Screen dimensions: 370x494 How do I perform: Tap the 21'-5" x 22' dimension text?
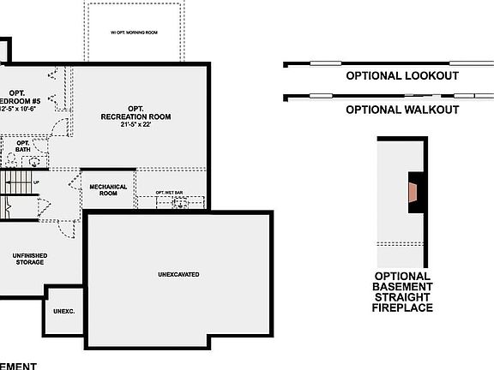pyautogui.click(x=136, y=124)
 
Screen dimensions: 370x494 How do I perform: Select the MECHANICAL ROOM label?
pyautogui.click(x=108, y=190)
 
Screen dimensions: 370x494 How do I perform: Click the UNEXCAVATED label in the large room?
pyautogui.click(x=178, y=275)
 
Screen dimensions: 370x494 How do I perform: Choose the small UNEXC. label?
pyautogui.click(x=64, y=312)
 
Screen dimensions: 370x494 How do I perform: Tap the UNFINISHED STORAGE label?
pyautogui.click(x=29, y=260)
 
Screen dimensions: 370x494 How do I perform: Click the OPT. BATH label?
pyautogui.click(x=21, y=146)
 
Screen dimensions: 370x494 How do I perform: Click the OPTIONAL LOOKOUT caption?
pyautogui.click(x=401, y=76)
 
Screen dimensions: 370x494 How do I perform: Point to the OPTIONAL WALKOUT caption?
pyautogui.click(x=401, y=110)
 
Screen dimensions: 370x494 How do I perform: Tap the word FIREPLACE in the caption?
pyautogui.click(x=402, y=307)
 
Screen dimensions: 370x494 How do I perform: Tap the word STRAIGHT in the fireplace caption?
pyautogui.click(x=402, y=297)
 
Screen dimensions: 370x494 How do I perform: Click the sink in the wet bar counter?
pyautogui.click(x=180, y=203)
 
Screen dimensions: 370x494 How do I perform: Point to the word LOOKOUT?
pyautogui.click(x=429, y=76)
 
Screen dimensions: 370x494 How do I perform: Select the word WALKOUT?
pyautogui.click(x=429, y=110)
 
